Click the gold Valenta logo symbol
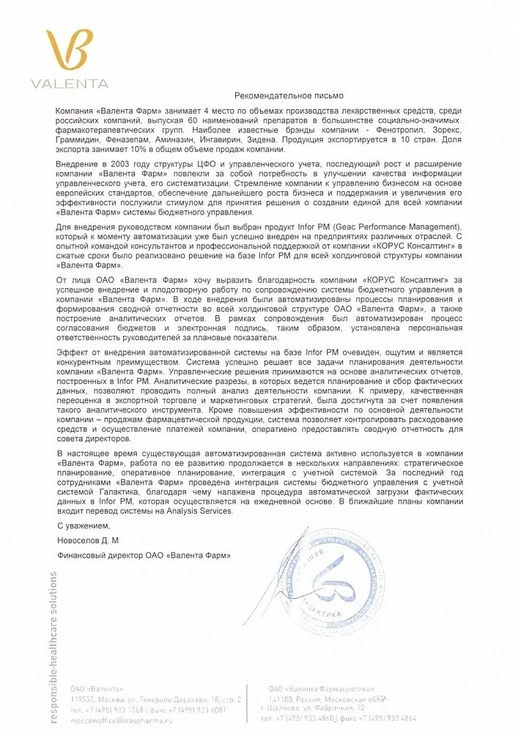point(70,49)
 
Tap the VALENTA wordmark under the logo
point(70,84)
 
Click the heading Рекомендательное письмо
point(288,96)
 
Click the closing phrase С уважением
point(83,526)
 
